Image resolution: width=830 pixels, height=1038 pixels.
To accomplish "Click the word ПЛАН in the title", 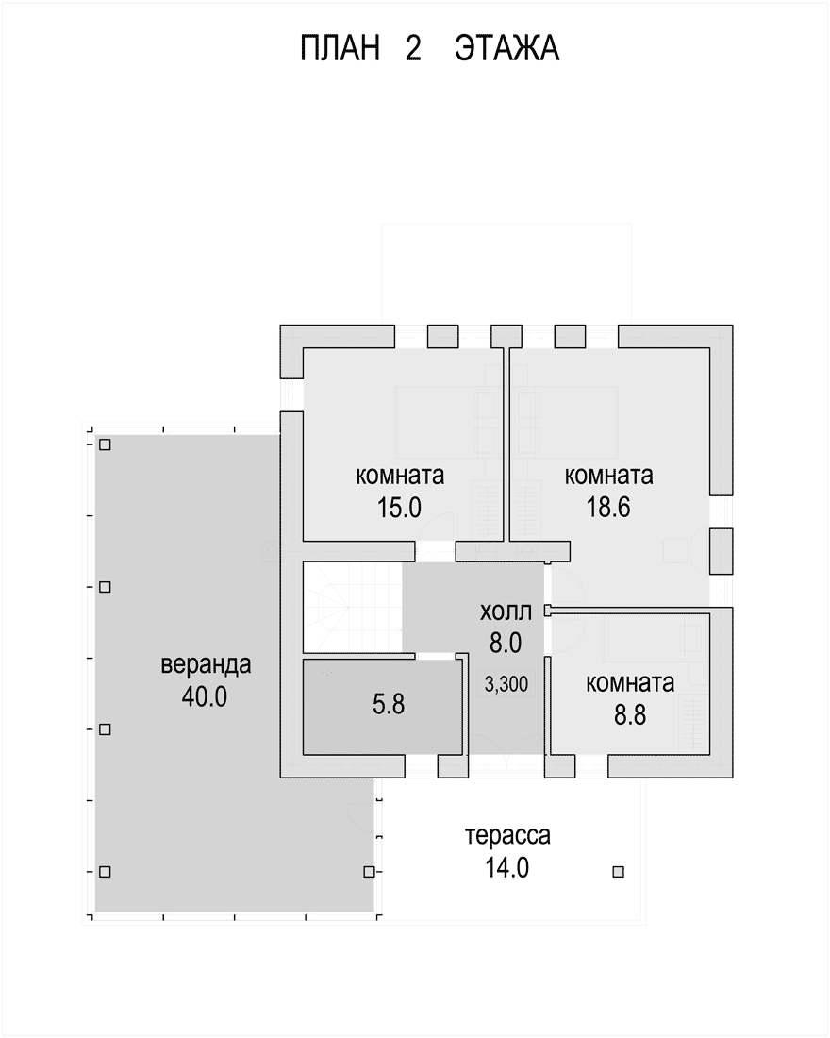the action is [340, 49].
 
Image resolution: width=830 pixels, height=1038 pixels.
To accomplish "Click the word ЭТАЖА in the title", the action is [507, 49].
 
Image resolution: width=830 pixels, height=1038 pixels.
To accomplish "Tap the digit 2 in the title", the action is [413, 49].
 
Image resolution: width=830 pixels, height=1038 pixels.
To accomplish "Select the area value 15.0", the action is [400, 508].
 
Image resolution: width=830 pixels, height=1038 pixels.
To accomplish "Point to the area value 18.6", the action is [608, 507].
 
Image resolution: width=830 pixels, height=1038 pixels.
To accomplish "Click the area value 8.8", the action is [629, 715].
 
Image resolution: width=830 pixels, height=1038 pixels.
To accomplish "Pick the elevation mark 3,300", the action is [506, 684].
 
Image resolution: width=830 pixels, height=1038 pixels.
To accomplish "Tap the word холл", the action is [506, 611].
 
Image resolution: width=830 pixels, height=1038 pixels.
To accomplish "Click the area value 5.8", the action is [389, 704].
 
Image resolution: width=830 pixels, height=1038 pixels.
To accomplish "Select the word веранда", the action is [206, 664].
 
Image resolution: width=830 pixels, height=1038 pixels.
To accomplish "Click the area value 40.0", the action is [205, 696].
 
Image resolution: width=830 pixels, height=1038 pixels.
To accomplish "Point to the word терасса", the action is [507, 835].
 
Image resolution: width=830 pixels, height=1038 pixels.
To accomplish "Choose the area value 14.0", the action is [507, 867].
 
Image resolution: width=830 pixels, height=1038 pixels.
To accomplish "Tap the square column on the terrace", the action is [618, 872].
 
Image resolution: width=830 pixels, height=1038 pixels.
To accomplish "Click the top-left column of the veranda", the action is [105, 444].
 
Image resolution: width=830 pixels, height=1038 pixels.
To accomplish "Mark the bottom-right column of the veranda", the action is [370, 872].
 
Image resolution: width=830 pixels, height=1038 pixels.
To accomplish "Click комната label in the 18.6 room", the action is [609, 476].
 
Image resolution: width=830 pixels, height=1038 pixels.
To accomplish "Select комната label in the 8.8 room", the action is [630, 683].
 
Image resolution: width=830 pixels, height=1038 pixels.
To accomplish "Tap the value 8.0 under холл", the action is [506, 643].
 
